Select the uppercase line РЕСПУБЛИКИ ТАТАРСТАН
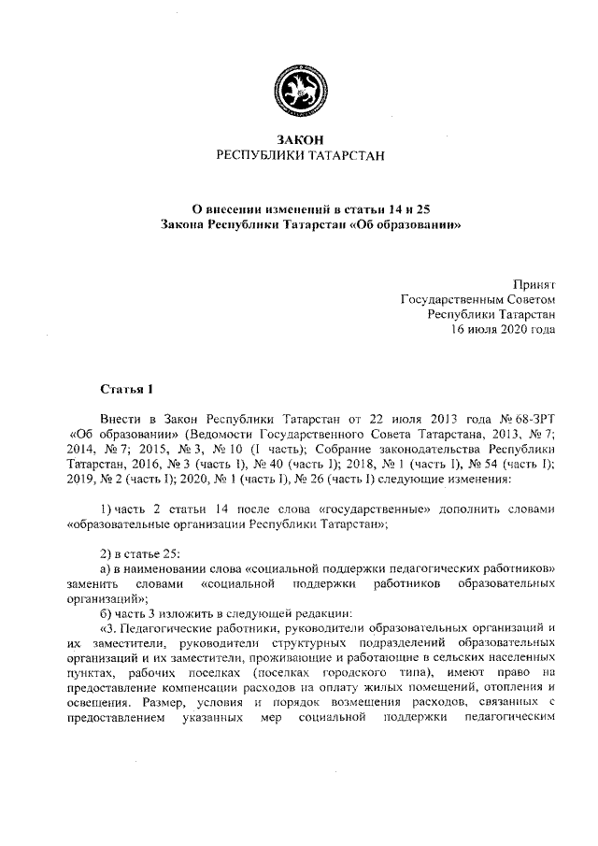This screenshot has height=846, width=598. pyautogui.click(x=300, y=155)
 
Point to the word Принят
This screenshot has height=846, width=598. pyautogui.click(x=535, y=282)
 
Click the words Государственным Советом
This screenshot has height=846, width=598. pyautogui.click(x=477, y=299)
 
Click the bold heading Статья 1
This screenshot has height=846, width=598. pyautogui.click(x=125, y=387)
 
